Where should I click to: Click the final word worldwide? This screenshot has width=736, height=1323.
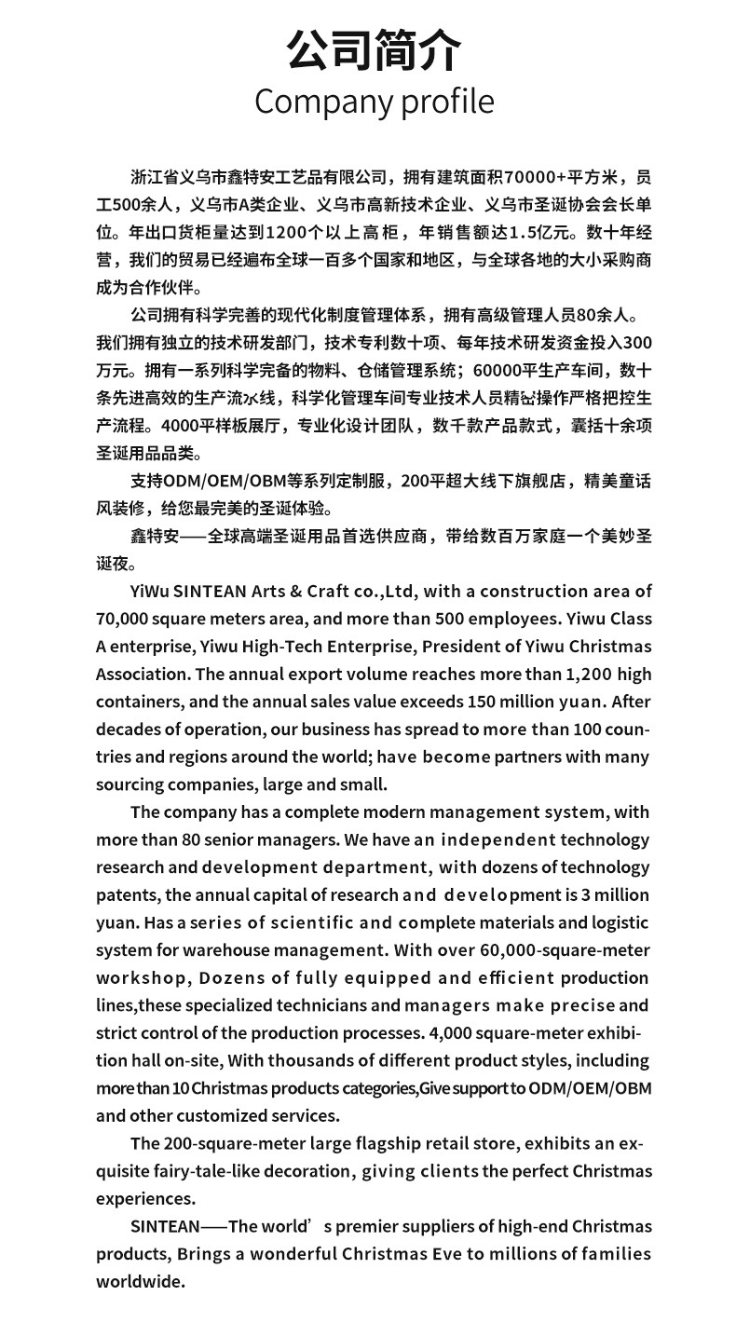click(x=141, y=1281)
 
